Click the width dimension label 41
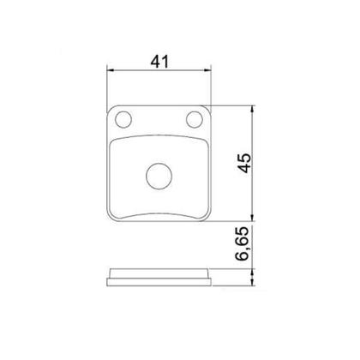159,62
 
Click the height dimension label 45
244,163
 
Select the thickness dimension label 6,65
242,243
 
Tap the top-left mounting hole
123,119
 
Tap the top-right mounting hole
195,119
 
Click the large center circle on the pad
159,176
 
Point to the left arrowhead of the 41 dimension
111,70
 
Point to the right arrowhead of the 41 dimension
207,70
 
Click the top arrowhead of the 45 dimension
252,110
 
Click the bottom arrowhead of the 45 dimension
252,218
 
